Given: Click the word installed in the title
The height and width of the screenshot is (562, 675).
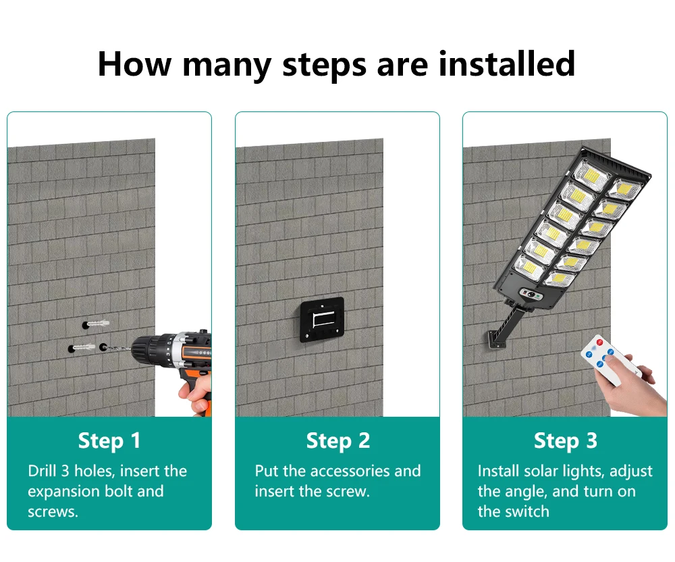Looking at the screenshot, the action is tap(507, 63).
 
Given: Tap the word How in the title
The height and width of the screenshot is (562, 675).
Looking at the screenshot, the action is tap(134, 63).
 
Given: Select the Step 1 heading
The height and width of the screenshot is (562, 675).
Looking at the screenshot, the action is tap(109, 440).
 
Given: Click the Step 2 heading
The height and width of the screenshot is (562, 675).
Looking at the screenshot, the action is tap(337, 440).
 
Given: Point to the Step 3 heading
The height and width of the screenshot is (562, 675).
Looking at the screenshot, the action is tap(565, 440).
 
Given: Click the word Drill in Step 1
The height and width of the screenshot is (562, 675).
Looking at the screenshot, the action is tap(42, 471).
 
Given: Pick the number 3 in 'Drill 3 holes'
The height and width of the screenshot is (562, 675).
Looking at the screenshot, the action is tap(65, 471).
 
